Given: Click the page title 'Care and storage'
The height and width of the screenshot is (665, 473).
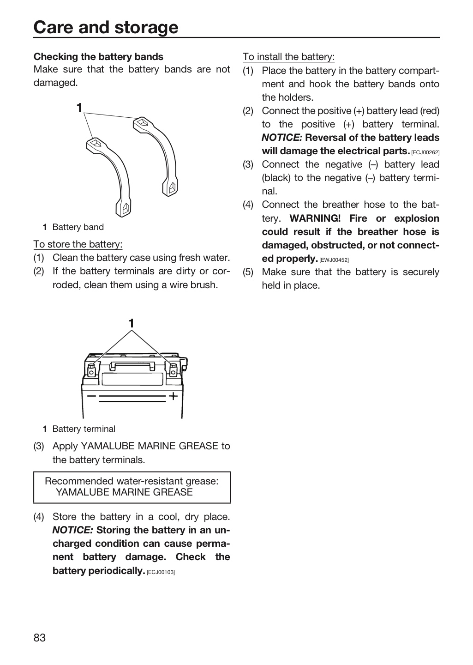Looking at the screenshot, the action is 106,27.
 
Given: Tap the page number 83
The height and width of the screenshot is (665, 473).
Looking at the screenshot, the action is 40,638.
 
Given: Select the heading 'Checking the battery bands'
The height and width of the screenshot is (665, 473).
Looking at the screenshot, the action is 98,57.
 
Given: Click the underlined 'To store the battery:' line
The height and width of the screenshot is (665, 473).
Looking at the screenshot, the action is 78,244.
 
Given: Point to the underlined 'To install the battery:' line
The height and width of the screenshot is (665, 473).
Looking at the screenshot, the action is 288,56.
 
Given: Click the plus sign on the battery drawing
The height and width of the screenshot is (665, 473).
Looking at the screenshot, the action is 174,396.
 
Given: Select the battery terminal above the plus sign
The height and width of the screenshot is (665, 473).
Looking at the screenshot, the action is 173,369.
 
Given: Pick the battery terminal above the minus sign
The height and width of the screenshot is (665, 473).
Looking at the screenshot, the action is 92,370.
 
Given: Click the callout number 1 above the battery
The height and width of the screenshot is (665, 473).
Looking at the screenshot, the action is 131,323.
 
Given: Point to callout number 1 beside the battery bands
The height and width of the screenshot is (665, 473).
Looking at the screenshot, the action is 79,108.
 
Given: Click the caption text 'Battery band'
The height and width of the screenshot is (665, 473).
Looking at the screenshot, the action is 78,227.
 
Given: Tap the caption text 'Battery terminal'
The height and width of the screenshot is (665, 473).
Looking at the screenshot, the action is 84,429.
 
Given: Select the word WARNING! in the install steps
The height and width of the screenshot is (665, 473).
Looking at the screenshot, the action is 315,218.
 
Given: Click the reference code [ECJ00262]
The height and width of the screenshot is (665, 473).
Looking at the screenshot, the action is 425,152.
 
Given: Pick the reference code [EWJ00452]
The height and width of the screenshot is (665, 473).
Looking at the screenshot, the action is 334,260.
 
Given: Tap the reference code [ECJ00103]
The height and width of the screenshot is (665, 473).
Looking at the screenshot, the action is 161,572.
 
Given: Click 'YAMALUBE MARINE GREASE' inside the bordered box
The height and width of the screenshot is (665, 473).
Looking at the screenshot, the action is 124,492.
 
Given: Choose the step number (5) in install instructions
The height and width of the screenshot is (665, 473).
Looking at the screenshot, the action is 248,272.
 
